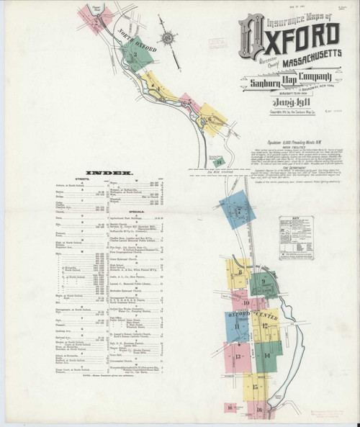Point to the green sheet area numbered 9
pyautogui.click(x=264, y=282)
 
